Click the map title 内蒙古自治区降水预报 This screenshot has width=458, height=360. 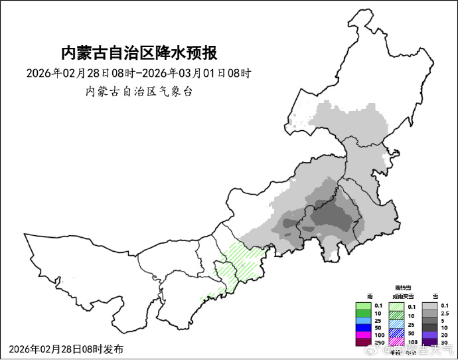coord(139,52)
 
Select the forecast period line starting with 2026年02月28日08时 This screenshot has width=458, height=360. coord(139,72)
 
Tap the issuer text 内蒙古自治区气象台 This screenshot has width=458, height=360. coord(139,92)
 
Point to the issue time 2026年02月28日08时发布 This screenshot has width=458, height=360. coord(66,349)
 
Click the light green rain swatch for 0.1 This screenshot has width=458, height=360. coord(363,305)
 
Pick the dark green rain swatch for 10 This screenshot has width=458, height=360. coord(363,313)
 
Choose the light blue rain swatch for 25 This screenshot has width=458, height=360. coord(363,321)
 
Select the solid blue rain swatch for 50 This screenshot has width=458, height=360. coord(363,328)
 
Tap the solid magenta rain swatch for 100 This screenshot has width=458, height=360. coord(363,335)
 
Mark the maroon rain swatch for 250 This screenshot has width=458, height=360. coord(363,343)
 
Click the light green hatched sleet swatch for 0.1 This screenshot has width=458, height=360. coord(396,306)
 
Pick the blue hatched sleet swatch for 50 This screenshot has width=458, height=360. coord(396,333)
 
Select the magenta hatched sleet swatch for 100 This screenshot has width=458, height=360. coord(396,341)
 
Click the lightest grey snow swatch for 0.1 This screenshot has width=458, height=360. coord(430,305)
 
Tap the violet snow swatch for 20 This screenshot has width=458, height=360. coord(430,335)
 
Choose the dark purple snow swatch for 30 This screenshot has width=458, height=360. coord(430,343)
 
